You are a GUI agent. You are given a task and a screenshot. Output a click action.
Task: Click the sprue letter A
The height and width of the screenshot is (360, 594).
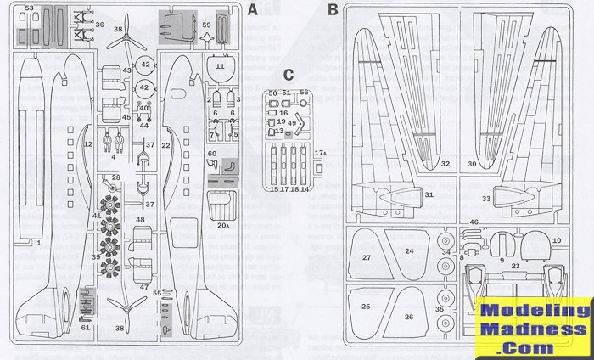coord(253,11)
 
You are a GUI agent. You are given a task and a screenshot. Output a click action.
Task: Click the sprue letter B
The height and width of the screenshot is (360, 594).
coord(333,11)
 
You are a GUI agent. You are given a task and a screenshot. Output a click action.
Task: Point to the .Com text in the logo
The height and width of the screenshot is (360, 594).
coord(533,347)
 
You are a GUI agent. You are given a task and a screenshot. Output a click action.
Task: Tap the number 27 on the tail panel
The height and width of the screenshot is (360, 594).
coord(367,256)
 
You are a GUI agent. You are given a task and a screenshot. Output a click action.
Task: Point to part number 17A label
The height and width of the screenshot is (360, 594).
coord(320,152)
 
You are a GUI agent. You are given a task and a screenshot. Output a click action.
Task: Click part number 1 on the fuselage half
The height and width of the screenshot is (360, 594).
coord(39,242)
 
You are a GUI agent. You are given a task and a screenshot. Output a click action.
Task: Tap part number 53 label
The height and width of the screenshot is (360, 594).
coord(29,8)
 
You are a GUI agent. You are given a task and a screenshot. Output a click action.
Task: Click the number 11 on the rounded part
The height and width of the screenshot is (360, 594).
coord(220,65)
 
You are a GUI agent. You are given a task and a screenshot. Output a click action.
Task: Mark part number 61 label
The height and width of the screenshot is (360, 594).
coord(85,327)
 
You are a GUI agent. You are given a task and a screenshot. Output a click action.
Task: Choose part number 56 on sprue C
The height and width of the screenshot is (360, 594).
coord(303,92)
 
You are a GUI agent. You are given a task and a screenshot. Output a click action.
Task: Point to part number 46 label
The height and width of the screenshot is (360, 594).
coord(474,222)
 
